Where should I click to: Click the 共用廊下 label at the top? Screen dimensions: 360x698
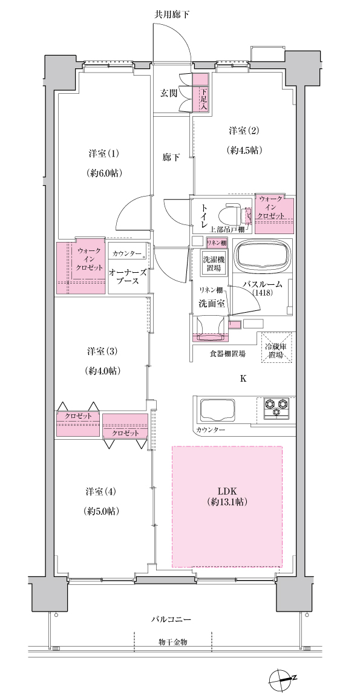[172, 15]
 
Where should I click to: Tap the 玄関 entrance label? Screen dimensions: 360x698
[169, 93]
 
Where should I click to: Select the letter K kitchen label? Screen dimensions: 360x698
[243, 379]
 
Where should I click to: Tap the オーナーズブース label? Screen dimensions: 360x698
[127, 276]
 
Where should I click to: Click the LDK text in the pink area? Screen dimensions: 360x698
[227, 491]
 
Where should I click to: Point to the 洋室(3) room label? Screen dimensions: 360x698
[102, 351]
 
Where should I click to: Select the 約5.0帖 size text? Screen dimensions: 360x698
[102, 511]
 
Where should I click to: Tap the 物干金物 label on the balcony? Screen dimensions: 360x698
[172, 642]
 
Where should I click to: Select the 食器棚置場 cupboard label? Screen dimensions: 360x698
[227, 354]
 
